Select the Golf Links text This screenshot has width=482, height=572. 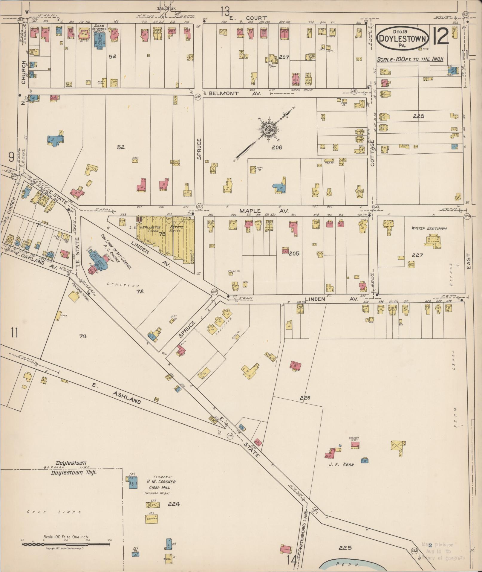tap(54, 512)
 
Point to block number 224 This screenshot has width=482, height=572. tap(174, 504)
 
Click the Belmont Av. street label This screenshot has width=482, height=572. tap(235, 93)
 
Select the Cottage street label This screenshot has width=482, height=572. tap(372, 154)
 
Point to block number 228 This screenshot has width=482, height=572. tap(418, 116)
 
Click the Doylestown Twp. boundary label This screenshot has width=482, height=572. tap(74, 473)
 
